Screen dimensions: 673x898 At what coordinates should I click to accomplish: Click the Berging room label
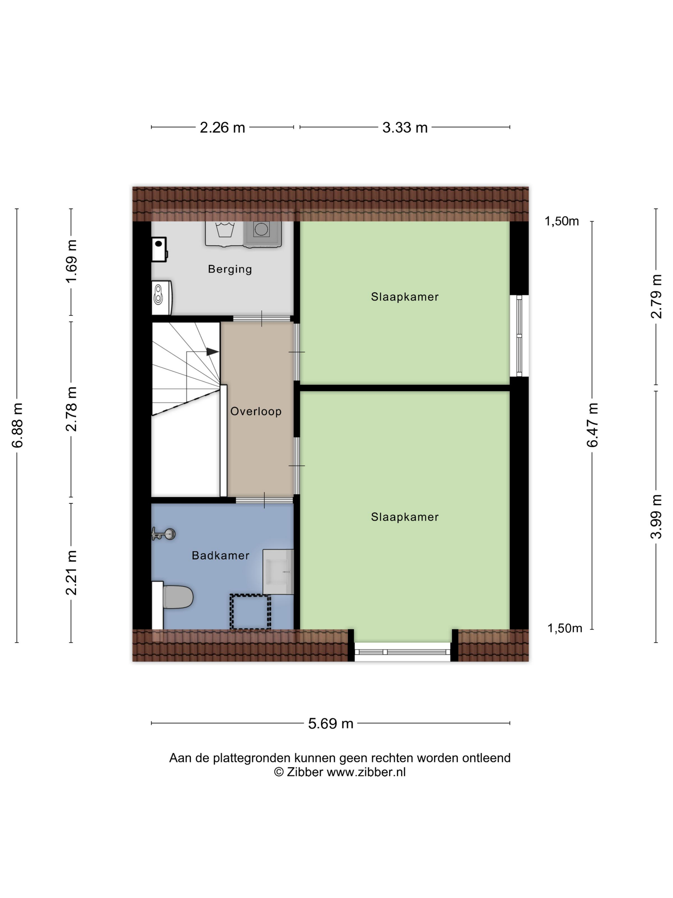229,269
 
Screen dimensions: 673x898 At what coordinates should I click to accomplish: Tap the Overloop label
255,411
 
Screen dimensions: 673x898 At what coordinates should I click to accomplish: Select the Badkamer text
220,555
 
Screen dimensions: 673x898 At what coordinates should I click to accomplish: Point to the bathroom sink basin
278,572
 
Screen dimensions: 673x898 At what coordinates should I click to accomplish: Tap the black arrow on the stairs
212,352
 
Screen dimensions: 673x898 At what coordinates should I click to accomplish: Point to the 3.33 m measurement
405,127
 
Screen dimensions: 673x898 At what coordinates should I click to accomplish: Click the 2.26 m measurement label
222,127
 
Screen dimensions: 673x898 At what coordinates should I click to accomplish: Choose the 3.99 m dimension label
656,516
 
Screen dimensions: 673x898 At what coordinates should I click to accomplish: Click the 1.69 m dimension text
71,261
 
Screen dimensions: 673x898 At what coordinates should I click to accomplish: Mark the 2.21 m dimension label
71,572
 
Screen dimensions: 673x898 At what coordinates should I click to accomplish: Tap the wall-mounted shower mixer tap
163,533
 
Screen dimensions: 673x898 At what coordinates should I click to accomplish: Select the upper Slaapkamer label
405,297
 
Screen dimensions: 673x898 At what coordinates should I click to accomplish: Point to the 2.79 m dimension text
656,296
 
